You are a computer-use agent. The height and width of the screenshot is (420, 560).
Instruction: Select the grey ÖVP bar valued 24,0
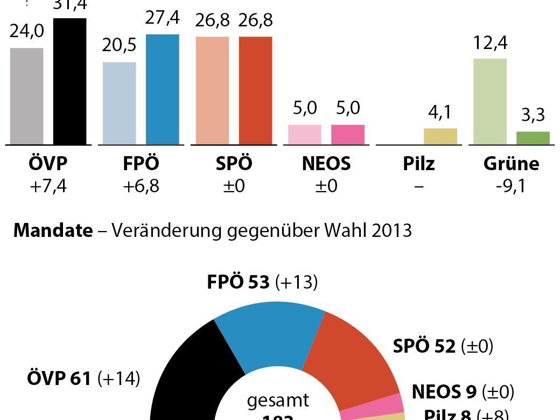coord(27,97)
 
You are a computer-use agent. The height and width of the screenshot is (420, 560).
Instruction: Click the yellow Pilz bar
coord(440,137)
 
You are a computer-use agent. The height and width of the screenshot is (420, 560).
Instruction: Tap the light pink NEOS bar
coord(305,135)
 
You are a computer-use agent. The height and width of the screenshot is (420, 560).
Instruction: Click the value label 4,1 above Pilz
coord(440,113)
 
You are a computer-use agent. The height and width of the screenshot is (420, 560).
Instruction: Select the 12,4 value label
coord(489,43)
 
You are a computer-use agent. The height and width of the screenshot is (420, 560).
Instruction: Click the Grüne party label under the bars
coord(511,163)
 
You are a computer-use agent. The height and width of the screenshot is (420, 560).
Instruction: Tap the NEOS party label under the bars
coord(326,163)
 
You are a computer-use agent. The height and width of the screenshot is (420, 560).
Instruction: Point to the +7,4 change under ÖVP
coord(48,187)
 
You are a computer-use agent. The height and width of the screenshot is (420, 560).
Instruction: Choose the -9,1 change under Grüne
coord(511,187)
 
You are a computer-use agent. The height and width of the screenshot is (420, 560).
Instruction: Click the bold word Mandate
coord(53,230)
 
